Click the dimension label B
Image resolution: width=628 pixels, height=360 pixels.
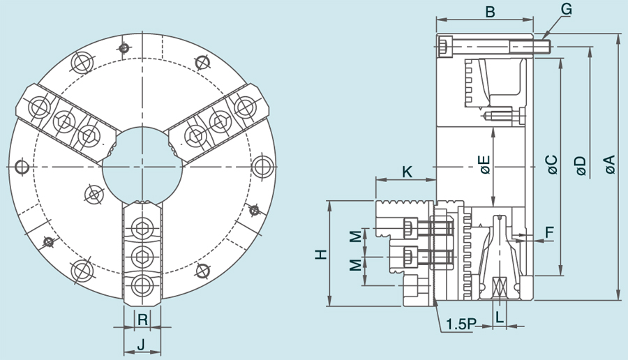[x=490, y=11]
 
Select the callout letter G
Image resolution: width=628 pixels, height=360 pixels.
[x=566, y=9]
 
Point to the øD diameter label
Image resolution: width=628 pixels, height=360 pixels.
[x=581, y=165]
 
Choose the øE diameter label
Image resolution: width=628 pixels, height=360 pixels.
[x=484, y=165]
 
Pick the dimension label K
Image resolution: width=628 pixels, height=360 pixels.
[x=408, y=170]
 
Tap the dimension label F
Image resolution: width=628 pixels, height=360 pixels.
[x=549, y=231]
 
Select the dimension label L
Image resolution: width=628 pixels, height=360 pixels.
[x=500, y=317]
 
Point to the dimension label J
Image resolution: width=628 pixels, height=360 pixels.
[x=141, y=344]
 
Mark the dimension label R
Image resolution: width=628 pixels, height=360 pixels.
[x=142, y=320]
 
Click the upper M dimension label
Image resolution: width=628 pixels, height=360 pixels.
[x=356, y=237]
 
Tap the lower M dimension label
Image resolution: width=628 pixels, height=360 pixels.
[x=356, y=265]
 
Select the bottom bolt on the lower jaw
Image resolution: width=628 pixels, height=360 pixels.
[x=142, y=284]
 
